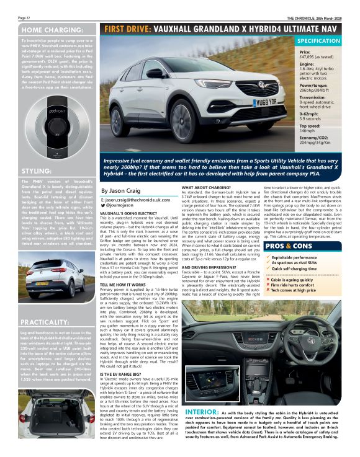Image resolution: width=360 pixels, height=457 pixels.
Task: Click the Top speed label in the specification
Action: (310, 125)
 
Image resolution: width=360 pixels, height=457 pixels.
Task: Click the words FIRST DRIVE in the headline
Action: (128, 29)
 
